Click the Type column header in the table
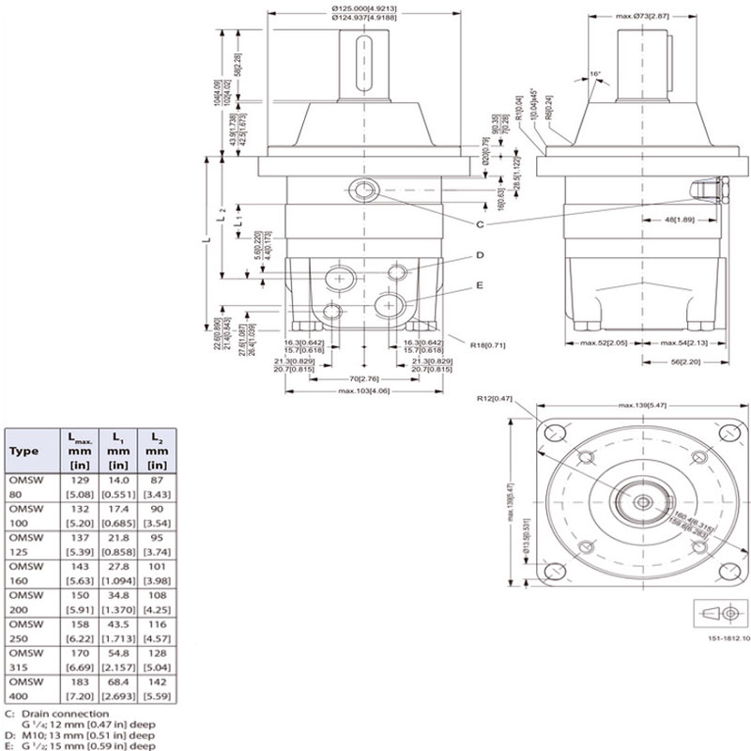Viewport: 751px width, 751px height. point(23,452)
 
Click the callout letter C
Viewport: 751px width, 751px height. point(480,225)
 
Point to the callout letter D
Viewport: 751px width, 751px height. point(480,254)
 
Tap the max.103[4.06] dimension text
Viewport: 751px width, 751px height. point(365,391)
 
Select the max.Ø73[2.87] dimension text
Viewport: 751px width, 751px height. point(644,17)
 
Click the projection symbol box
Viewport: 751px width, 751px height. point(715,613)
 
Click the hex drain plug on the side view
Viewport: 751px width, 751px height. point(715,192)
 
